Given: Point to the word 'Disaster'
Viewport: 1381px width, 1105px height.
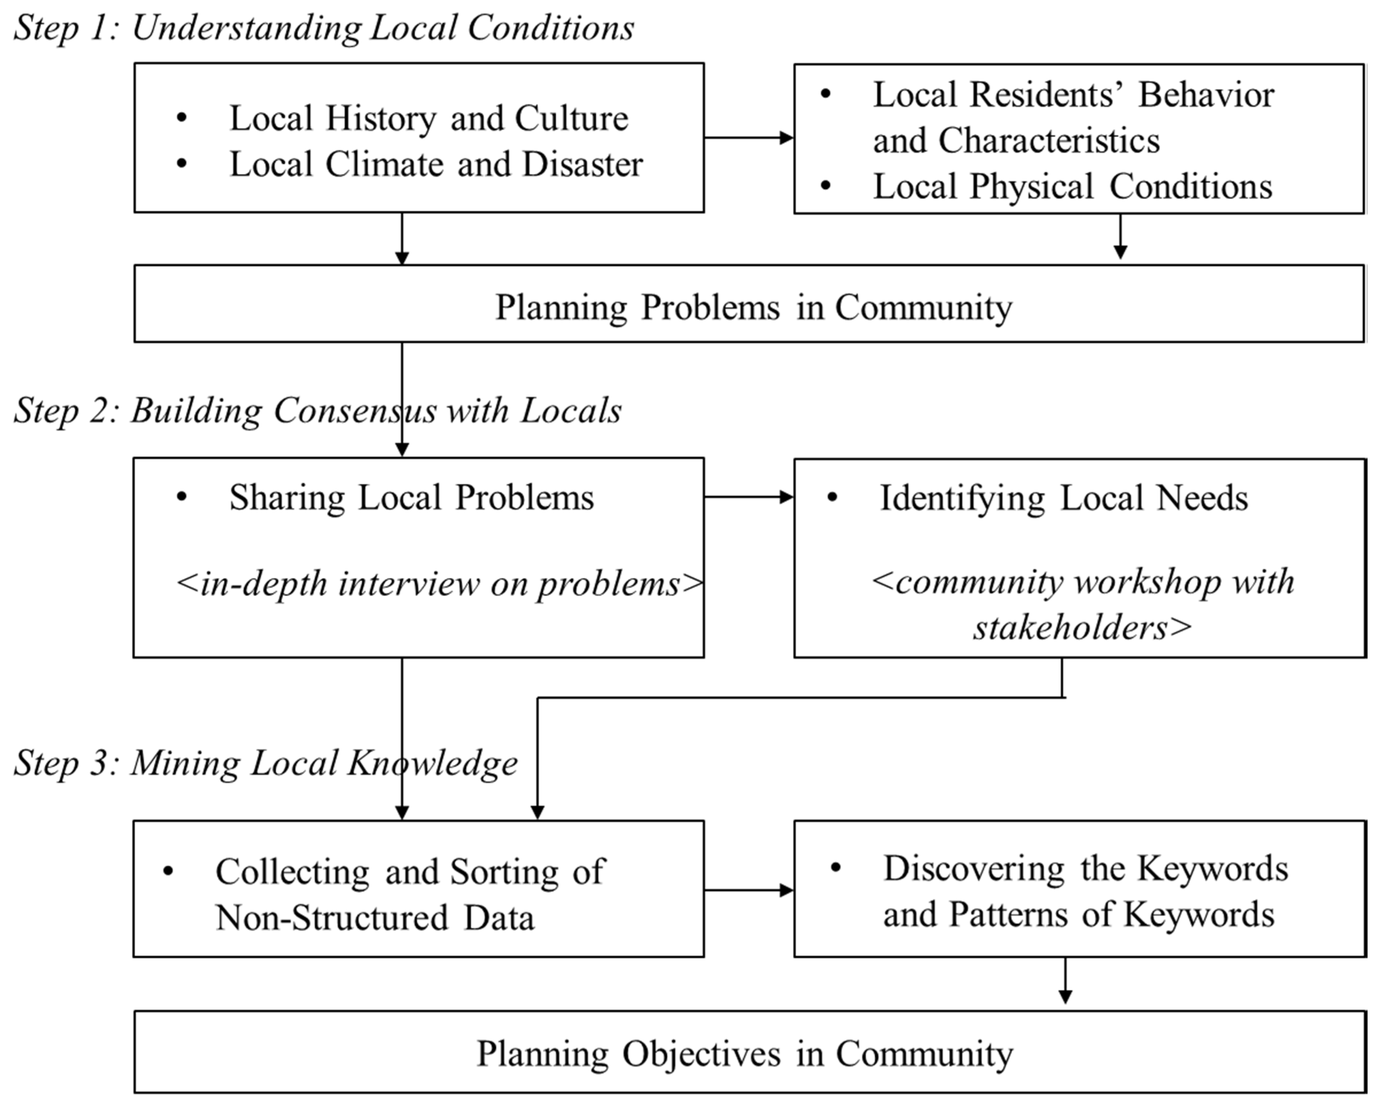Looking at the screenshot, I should coord(582,164).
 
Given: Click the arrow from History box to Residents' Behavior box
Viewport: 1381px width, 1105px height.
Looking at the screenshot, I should coord(748,137).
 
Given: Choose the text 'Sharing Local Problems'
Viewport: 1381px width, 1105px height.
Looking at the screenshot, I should coord(411,497).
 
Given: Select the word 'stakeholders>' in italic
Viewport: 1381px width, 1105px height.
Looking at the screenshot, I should coord(1082,627).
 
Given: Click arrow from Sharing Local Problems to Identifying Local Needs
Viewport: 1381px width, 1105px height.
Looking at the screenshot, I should coord(748,497).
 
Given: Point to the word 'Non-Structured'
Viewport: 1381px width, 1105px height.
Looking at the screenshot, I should coord(332,917).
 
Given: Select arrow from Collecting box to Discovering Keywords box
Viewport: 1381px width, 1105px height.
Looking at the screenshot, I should coord(748,890).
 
